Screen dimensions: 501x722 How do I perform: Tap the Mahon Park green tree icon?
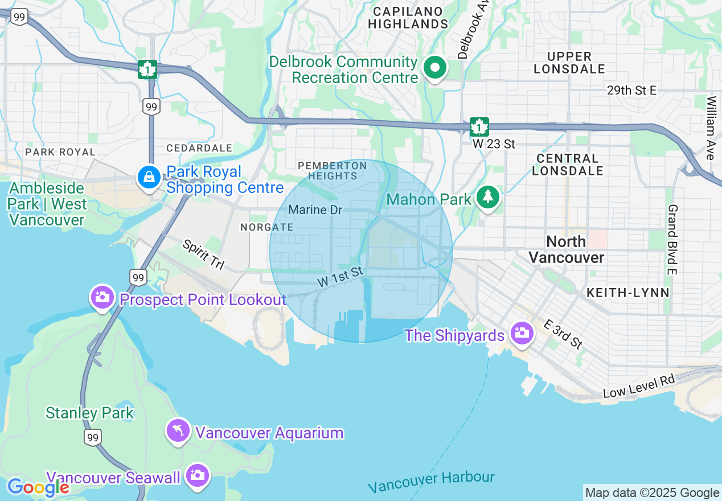pyautogui.click(x=487, y=197)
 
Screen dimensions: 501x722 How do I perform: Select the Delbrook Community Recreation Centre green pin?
pyautogui.click(x=435, y=68)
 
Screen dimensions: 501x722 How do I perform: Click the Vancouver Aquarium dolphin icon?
pyautogui.click(x=178, y=431)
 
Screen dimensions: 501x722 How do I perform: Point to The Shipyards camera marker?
pyautogui.click(x=522, y=333)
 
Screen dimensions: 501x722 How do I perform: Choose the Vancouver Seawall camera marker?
pyautogui.click(x=198, y=475)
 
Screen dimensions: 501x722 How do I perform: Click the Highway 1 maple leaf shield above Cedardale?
pyautogui.click(x=147, y=69)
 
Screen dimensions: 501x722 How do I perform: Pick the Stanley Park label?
pyautogui.click(x=90, y=413)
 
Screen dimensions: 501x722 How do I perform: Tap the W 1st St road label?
pyautogui.click(x=340, y=277)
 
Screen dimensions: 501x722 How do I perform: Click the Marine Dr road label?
pyautogui.click(x=315, y=210)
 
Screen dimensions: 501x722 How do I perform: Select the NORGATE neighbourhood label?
pyautogui.click(x=266, y=227)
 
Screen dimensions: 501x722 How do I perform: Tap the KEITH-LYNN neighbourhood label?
pyautogui.click(x=627, y=293)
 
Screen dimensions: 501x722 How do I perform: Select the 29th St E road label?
pyautogui.click(x=631, y=91)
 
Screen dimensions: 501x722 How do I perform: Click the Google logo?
pyautogui.click(x=38, y=487)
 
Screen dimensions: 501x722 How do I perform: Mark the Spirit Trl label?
pyautogui.click(x=203, y=254)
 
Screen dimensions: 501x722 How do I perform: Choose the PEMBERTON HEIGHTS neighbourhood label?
pyautogui.click(x=333, y=170)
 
